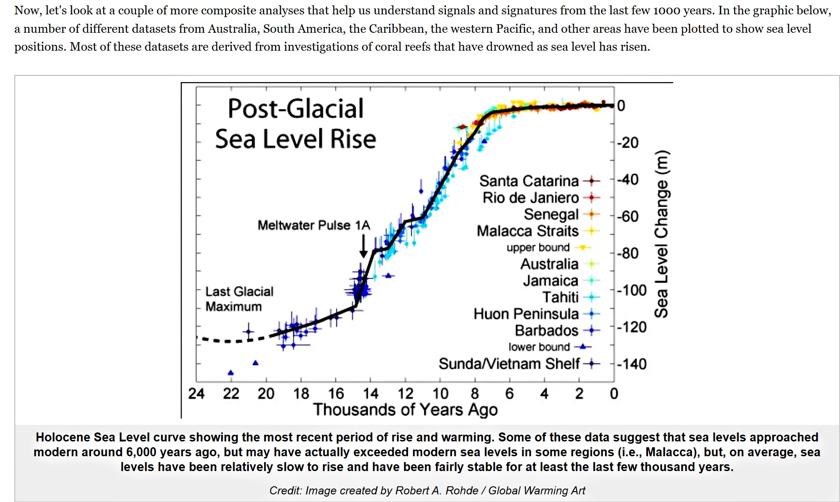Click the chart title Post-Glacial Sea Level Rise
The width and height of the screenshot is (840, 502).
click(x=296, y=123)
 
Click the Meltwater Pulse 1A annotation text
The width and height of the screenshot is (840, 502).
click(x=313, y=225)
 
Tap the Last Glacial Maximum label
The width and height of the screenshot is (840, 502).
click(x=239, y=299)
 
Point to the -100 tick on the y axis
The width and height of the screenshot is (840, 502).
click(x=631, y=290)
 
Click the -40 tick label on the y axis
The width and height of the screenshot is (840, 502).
click(x=627, y=179)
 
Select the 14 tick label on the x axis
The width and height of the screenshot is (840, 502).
click(x=370, y=393)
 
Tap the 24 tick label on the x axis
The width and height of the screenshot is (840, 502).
click(x=196, y=393)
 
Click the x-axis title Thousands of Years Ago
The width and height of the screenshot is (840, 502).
click(x=405, y=410)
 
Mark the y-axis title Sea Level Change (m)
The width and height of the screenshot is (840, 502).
click(x=661, y=234)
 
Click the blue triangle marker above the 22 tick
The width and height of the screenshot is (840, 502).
click(x=231, y=372)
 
